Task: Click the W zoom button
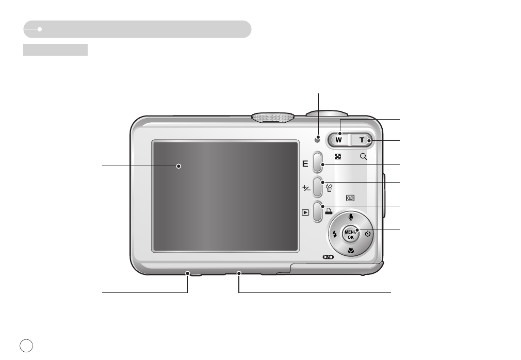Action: [339, 139]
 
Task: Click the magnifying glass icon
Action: [364, 156]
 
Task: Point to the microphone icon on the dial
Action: [351, 218]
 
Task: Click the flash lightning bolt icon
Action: [335, 234]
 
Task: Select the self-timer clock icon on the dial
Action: [367, 234]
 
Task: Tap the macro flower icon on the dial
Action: [351, 251]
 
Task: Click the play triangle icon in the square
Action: [305, 211]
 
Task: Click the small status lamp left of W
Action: [318, 139]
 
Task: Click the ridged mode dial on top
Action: [273, 117]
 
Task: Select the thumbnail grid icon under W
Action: [338, 156]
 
